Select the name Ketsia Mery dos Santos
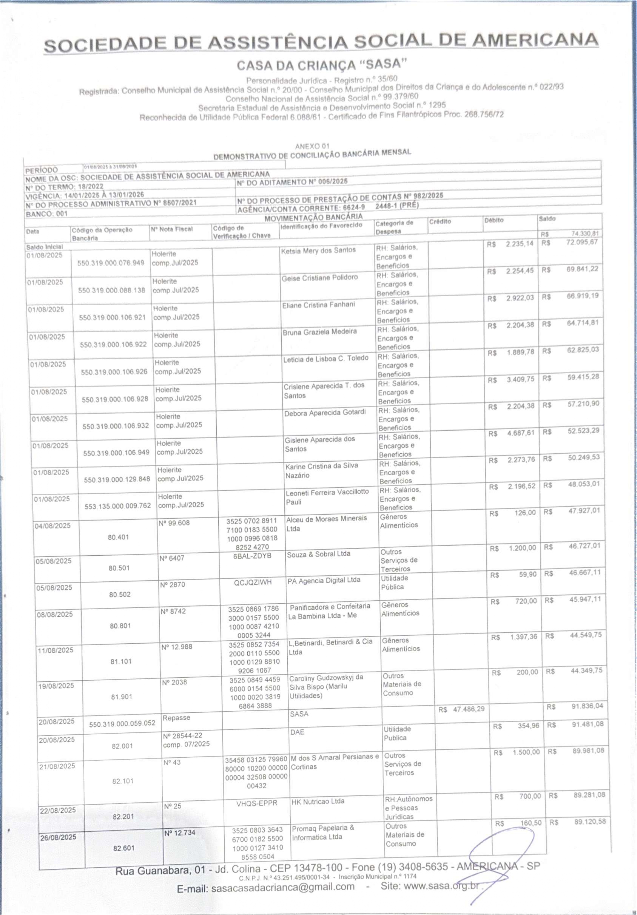tap(318, 250)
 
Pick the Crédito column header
tap(440, 221)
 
